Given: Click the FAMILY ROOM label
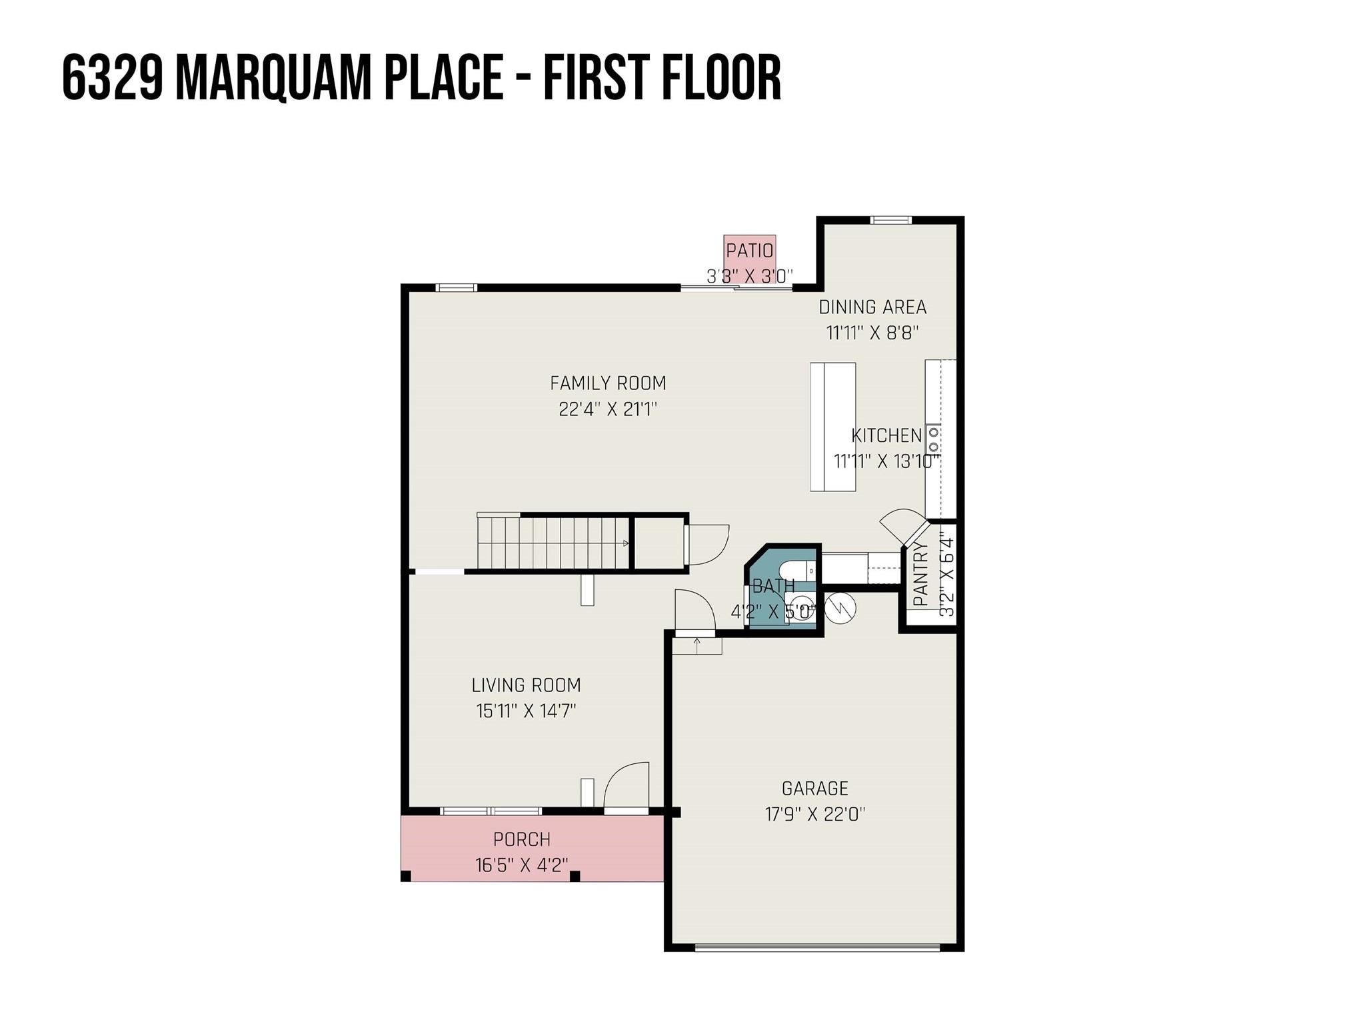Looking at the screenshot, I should (608, 383).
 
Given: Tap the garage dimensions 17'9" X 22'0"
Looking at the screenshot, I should (814, 814).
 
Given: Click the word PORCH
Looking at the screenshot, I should (522, 839).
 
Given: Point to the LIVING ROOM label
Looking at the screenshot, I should (526, 685).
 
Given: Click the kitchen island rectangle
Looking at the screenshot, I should (832, 427).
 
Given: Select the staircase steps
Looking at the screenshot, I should (553, 543).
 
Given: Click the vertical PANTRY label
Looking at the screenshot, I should (920, 573).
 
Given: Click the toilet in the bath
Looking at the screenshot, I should (796, 571).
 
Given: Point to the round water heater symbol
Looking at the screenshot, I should (840, 608).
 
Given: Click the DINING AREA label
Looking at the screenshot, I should (872, 307).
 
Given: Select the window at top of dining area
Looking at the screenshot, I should (890, 221).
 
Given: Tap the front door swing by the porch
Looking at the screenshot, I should (627, 787).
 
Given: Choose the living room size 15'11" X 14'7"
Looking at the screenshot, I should (526, 711).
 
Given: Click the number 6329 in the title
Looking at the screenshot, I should (113, 79).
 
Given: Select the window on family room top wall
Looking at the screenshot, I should (457, 288).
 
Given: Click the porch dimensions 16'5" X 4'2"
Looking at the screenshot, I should (522, 865).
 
